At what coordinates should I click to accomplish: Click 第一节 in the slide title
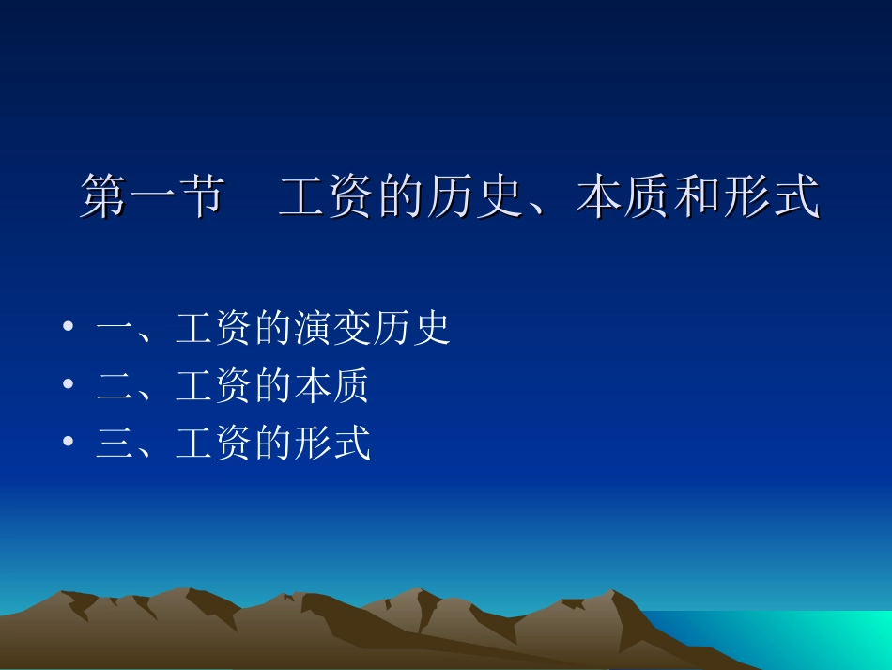152,197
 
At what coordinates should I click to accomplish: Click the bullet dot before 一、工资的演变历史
68,329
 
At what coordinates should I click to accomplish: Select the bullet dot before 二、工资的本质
68,386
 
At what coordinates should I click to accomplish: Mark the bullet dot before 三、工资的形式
68,444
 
